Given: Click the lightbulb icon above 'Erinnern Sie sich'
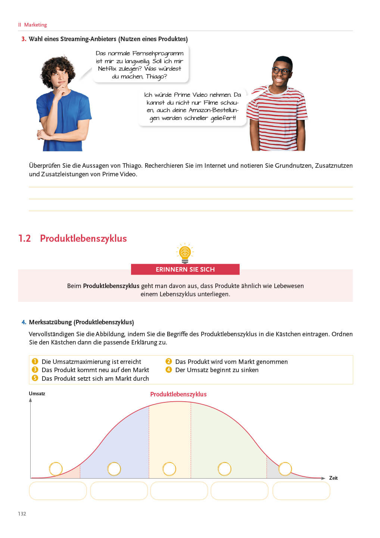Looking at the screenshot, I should (185, 253).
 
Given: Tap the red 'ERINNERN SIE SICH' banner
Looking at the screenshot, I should (185, 269).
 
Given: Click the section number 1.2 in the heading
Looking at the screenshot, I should (25, 238).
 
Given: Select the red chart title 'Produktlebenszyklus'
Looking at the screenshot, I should (178, 394).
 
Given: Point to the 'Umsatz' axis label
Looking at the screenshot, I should (37, 393).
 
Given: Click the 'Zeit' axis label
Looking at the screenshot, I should (333, 478).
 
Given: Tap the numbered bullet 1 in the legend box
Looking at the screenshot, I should (35, 361).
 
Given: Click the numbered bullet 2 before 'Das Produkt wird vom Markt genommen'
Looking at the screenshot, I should (169, 361).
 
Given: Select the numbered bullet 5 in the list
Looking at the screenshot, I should (35, 378).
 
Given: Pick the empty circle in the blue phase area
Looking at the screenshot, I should (114, 469).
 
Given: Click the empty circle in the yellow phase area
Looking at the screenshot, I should (169, 469).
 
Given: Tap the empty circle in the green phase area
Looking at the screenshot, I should (224, 469).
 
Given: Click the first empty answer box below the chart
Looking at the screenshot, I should (58, 491).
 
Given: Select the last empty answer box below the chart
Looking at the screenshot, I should (301, 491).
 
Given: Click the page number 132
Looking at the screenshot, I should (22, 514).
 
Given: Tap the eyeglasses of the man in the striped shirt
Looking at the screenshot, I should (281, 70).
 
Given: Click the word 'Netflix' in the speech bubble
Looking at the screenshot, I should (108, 69).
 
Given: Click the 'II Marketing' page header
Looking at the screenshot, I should (33, 25).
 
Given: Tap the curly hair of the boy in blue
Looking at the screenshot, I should (58, 67).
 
